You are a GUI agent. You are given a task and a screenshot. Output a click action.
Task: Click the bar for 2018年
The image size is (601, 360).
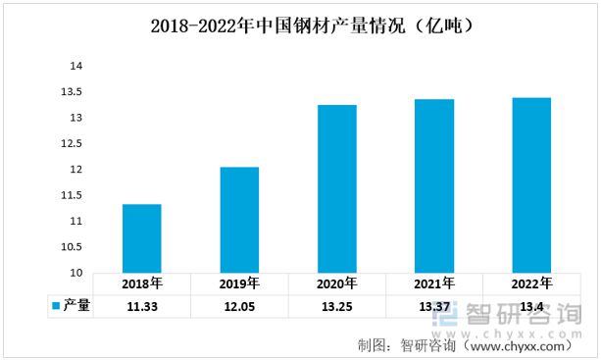pos(142,238)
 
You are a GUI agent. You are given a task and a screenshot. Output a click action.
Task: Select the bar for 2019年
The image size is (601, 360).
pos(239,220)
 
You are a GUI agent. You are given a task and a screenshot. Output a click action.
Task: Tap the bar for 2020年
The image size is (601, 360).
pos(337,188)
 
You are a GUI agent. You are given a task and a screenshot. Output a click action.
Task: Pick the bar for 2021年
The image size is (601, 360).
pos(434,185)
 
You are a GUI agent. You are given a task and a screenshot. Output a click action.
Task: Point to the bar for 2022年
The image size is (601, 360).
pos(531,184)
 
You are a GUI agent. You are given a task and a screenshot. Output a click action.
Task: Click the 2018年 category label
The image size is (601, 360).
pos(142,284)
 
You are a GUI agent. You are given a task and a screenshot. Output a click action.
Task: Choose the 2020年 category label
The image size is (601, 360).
pos(337,284)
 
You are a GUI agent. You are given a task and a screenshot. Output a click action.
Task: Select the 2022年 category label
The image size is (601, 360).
pos(531,284)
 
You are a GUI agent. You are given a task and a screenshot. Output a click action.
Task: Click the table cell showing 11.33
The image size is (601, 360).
pos(142,306)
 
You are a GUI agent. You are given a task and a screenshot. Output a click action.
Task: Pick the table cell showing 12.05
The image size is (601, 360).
pos(239,306)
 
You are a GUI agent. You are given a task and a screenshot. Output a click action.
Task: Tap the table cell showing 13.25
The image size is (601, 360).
pos(337,306)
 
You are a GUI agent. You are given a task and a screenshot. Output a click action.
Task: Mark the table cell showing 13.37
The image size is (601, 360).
pos(434,306)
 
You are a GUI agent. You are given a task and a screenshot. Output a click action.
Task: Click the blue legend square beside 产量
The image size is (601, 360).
pos(57,306)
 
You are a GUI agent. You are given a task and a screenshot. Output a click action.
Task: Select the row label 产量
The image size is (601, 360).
pos(76,306)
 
